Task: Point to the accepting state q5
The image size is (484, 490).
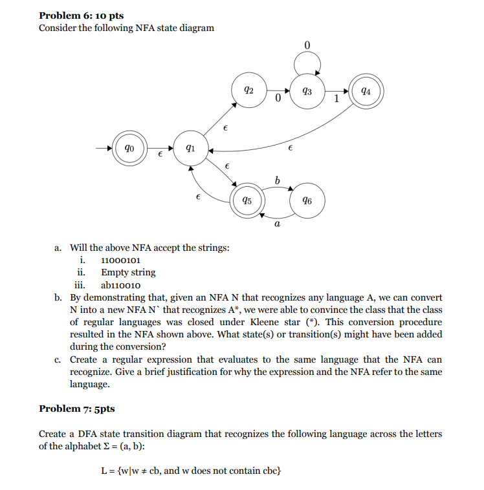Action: pyautogui.click(x=247, y=200)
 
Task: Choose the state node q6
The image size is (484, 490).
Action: pyautogui.click(x=306, y=200)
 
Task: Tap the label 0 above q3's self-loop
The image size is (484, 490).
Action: pyautogui.click(x=307, y=45)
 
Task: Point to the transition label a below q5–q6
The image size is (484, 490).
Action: pyautogui.click(x=276, y=224)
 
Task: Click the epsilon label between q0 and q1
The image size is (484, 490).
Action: pyautogui.click(x=160, y=157)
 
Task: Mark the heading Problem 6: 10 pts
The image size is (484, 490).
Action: pyautogui.click(x=81, y=15)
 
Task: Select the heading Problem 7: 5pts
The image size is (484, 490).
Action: pyautogui.click(x=77, y=409)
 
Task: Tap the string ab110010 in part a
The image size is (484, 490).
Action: pyautogui.click(x=121, y=284)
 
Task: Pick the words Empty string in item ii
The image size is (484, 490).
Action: pyautogui.click(x=128, y=272)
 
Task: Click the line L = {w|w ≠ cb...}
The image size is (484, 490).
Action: pyautogui.click(x=192, y=470)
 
